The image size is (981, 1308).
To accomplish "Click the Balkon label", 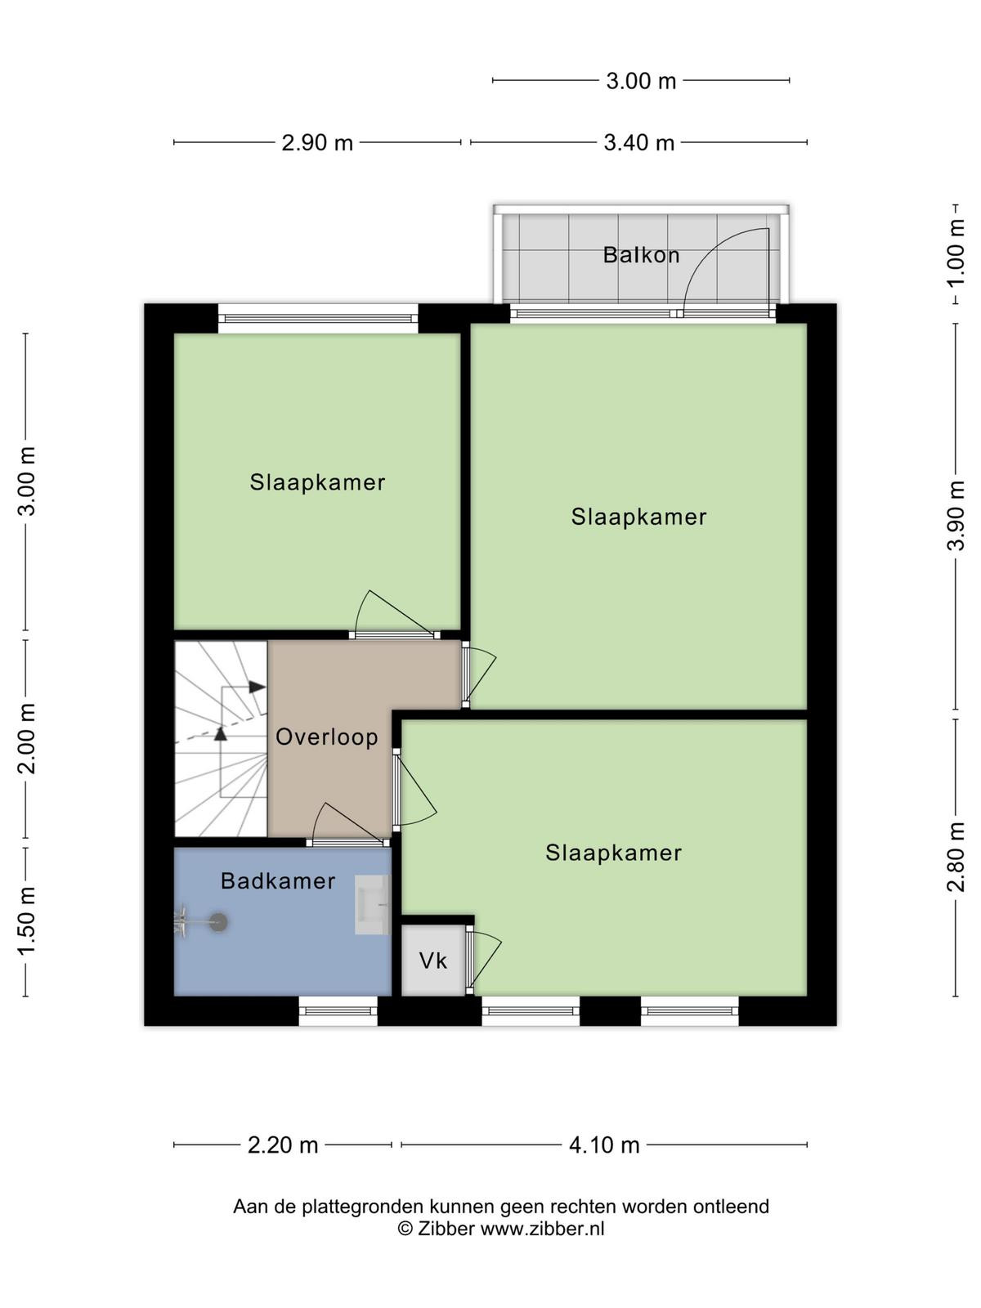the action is (x=641, y=255).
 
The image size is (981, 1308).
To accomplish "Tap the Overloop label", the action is (x=326, y=737).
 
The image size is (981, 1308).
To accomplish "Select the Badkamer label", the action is (x=278, y=880).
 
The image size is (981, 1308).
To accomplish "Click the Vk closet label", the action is (x=432, y=961).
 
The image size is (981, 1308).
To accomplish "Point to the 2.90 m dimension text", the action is (x=317, y=143).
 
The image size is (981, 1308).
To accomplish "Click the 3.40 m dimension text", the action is (x=638, y=143).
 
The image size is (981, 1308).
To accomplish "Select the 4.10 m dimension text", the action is (x=604, y=1145).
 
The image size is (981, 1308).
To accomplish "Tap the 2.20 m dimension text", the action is (x=282, y=1145).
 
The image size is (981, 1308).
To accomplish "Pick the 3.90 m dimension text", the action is (x=956, y=516).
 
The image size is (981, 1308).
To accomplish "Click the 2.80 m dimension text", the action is (x=956, y=856).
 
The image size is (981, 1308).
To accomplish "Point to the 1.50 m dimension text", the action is (x=27, y=921).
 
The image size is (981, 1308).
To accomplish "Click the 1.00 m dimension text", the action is (x=956, y=253).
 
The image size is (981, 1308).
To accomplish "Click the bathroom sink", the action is (x=373, y=905).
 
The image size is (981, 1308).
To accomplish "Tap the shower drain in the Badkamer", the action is (x=218, y=922).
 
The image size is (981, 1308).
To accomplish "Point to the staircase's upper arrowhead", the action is (x=258, y=687).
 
